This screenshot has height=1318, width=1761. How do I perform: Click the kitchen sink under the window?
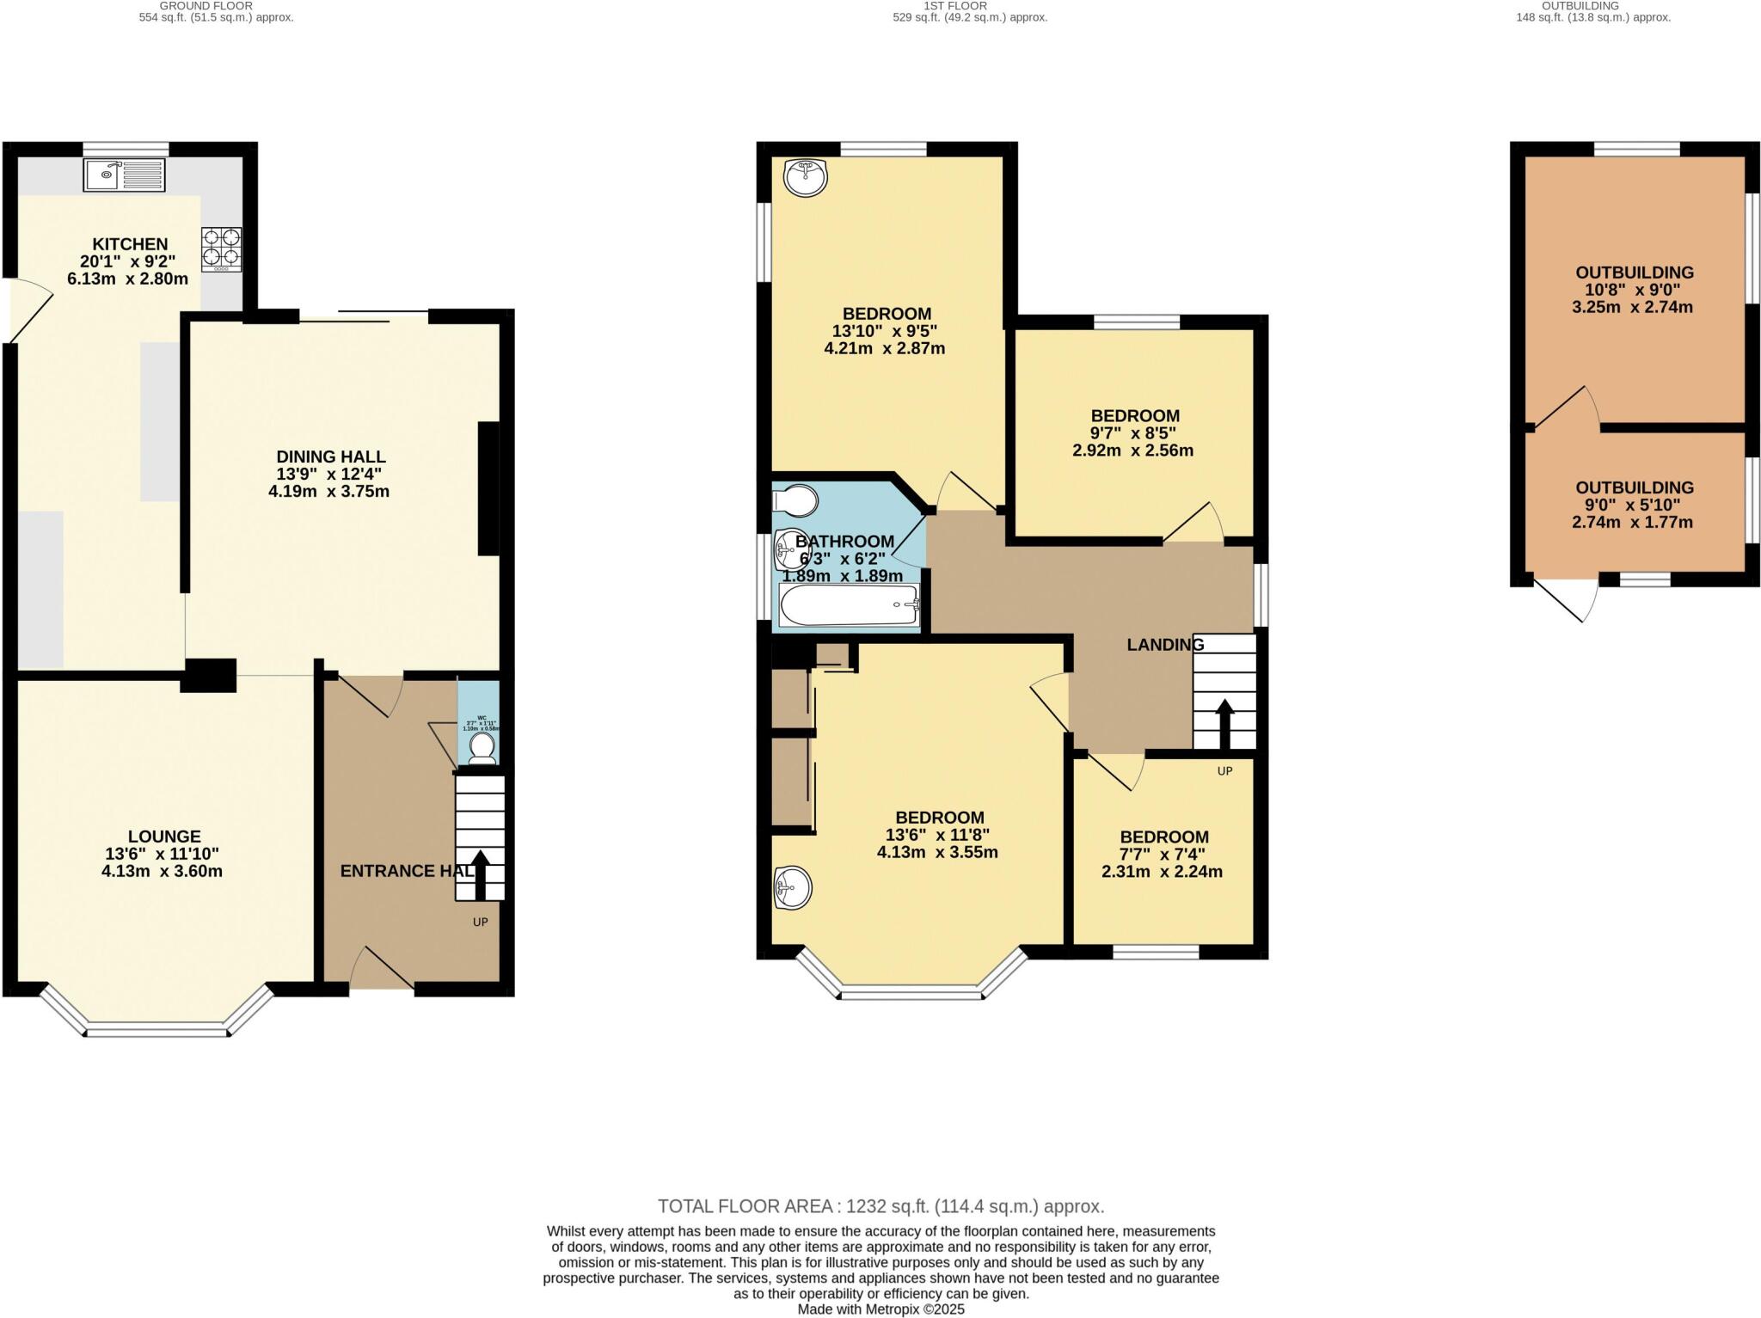(124, 175)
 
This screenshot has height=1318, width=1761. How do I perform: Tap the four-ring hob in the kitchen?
(221, 249)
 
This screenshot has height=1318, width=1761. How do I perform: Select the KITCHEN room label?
(130, 244)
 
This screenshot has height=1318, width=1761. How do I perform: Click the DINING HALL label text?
(330, 457)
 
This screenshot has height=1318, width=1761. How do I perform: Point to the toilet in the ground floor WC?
(482, 747)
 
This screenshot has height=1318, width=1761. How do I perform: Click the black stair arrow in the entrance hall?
(479, 874)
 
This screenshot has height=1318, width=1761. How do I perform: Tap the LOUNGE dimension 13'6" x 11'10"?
(162, 854)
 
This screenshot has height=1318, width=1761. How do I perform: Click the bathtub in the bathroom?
(850, 605)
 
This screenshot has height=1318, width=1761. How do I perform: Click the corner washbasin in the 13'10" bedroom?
(806, 178)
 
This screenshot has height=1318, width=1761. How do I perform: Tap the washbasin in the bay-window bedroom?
(792, 887)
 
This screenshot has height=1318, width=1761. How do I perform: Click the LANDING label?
(1165, 645)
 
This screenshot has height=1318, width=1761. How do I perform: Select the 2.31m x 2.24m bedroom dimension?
(1162, 872)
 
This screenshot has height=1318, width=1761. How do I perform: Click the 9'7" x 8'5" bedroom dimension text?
(1132, 433)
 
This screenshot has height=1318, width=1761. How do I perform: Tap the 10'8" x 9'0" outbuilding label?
(1634, 290)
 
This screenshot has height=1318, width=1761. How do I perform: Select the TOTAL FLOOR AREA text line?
(880, 1206)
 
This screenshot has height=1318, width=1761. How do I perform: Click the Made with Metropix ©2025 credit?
(880, 1309)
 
